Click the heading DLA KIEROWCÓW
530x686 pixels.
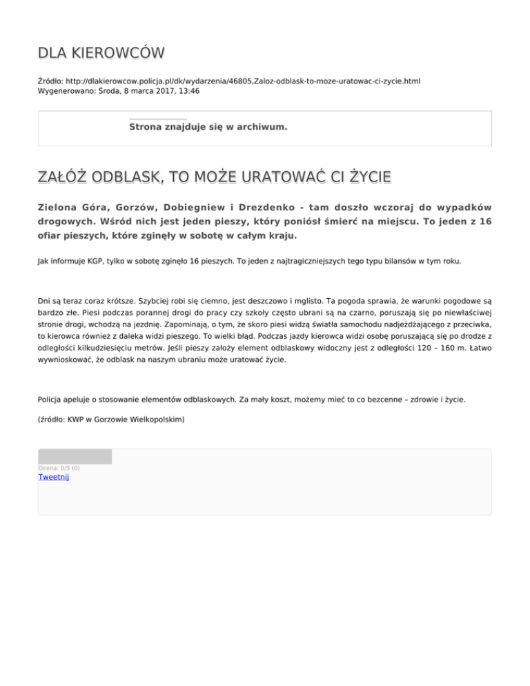(101, 54)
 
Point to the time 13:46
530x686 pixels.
(190, 91)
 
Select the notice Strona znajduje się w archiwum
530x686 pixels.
(208, 127)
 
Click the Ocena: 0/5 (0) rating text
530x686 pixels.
(59, 468)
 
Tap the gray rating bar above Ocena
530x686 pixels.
(75, 456)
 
